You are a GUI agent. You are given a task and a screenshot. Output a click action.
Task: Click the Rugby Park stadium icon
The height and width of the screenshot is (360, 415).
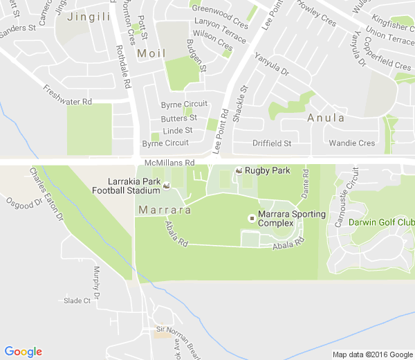click(239, 170)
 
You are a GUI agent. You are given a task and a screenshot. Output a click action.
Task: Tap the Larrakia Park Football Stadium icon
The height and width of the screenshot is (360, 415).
click(166, 186)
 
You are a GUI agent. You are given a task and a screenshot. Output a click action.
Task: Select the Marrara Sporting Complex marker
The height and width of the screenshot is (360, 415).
click(252, 218)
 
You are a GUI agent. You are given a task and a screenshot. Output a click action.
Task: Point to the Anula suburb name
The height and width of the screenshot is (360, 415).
click(326, 118)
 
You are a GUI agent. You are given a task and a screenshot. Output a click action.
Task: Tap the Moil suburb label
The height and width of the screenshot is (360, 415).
click(151, 53)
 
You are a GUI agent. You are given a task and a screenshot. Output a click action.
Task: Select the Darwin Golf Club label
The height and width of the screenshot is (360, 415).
click(381, 222)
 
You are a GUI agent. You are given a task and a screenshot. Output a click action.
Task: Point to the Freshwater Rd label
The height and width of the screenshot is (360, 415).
click(67, 96)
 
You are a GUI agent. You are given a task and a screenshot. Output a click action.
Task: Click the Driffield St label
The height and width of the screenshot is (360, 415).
click(272, 143)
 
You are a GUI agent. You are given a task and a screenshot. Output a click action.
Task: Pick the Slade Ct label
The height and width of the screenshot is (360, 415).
click(77, 300)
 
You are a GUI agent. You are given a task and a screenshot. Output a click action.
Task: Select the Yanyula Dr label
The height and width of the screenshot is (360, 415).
click(272, 65)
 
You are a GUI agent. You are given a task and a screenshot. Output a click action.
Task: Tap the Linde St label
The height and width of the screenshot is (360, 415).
click(178, 131)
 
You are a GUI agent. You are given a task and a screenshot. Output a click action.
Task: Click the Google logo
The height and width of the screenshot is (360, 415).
click(23, 352)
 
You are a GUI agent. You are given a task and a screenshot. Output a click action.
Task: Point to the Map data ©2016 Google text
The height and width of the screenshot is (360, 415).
click(371, 354)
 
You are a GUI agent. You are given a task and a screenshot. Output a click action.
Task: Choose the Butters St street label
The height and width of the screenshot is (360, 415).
click(179, 118)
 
